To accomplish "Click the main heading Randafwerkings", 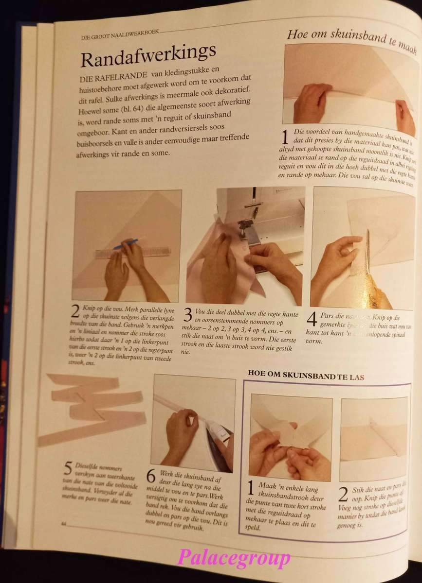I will (148, 57).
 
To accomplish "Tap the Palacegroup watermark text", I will (234, 558).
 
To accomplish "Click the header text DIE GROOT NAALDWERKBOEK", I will (120, 35).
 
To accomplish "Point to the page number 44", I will (63, 523).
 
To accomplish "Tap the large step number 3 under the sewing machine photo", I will (187, 316).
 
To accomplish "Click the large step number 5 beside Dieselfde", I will (68, 468).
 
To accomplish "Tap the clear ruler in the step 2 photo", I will (132, 252).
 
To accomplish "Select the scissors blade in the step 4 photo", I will (368, 248).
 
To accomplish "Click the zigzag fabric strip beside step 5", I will (92, 408).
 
